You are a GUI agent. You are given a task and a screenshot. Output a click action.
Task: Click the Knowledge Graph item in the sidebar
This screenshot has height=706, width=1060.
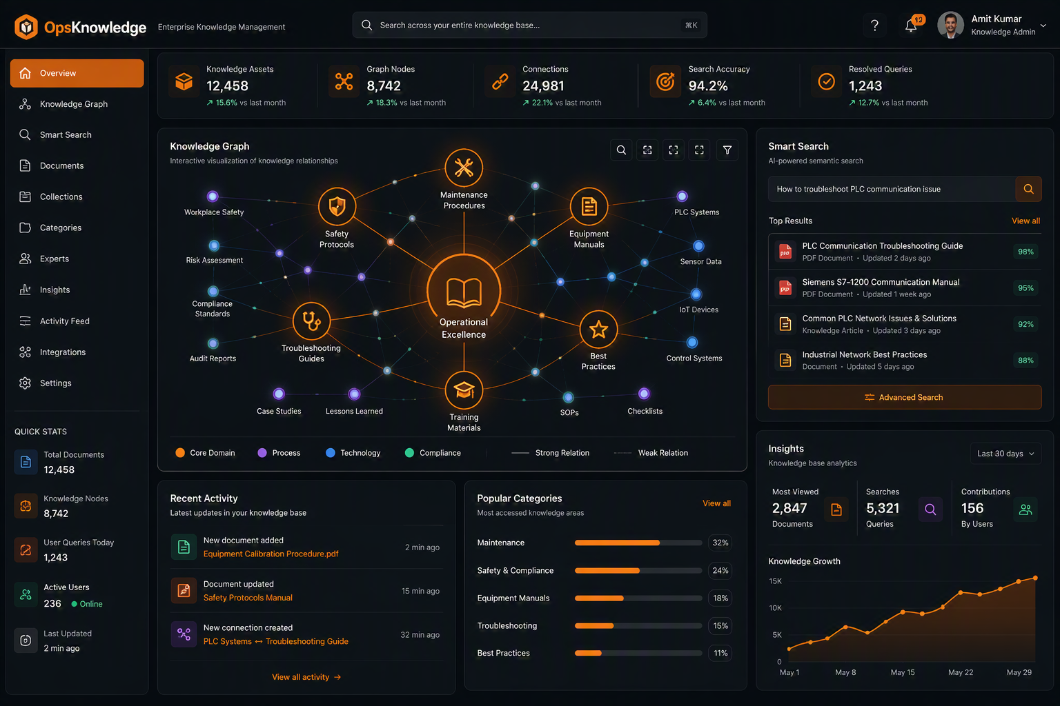(73, 104)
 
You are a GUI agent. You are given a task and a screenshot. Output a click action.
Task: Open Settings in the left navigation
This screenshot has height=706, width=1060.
(55, 383)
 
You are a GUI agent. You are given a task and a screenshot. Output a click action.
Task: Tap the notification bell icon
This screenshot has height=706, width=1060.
(911, 26)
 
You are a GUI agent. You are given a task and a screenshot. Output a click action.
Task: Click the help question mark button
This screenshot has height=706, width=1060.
(874, 26)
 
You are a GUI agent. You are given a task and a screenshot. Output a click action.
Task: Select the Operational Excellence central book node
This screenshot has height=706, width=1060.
(464, 291)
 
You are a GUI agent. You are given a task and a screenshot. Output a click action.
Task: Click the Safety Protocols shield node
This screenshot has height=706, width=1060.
(337, 207)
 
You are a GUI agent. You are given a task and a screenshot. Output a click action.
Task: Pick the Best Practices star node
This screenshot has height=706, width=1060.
(598, 329)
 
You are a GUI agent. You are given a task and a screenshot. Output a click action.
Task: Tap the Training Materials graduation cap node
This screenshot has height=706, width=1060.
(464, 391)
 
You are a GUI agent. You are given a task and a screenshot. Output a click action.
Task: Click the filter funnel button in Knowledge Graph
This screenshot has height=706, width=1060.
(727, 150)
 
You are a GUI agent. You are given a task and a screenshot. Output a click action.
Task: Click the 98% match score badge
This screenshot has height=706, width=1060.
(1025, 252)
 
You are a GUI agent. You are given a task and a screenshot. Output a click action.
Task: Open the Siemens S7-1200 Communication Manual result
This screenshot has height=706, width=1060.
(881, 282)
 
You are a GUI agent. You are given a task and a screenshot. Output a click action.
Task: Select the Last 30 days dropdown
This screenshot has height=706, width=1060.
(1005, 454)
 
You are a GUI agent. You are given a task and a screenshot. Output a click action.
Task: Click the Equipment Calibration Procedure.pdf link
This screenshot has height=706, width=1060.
(271, 554)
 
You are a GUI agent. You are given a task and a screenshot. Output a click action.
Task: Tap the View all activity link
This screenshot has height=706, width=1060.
(306, 677)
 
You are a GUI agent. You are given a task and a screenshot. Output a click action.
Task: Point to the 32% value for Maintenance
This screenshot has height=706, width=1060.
(720, 543)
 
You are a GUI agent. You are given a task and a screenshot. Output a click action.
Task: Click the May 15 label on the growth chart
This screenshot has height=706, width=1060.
(903, 672)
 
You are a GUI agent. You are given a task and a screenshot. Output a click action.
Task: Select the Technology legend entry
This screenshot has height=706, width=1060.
(353, 453)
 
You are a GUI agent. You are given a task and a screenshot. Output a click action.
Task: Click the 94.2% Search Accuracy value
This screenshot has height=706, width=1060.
(708, 86)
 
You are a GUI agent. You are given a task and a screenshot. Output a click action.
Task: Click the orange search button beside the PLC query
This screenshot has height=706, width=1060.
(1028, 189)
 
